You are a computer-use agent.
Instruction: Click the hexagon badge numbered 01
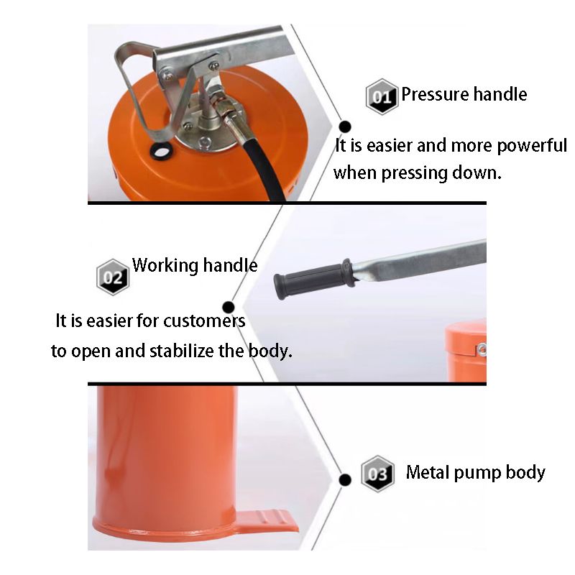[382, 97]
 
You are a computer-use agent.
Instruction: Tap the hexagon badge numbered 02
[113, 277]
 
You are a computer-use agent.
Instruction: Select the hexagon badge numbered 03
[377, 474]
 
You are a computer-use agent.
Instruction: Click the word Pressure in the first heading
[434, 94]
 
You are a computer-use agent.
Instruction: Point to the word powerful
[532, 147]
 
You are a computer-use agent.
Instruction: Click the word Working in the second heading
[165, 265]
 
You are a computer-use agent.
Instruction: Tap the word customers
[204, 321]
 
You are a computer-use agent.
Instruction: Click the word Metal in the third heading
[427, 472]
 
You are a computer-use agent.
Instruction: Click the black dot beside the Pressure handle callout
[345, 127]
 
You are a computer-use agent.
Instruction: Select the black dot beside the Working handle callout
[229, 308]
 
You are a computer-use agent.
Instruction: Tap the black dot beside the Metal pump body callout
[345, 479]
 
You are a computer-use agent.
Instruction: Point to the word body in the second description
[270, 351]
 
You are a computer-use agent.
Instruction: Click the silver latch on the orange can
[482, 349]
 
